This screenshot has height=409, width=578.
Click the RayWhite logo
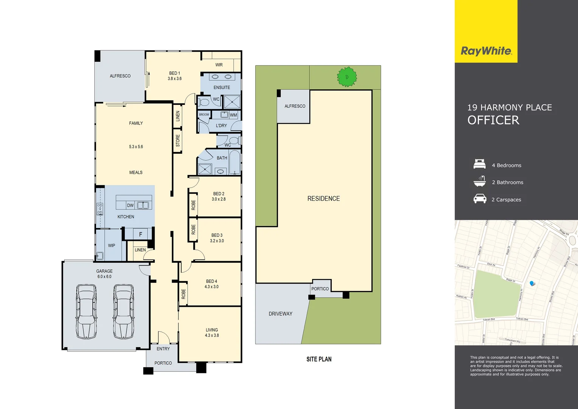click(x=486, y=51)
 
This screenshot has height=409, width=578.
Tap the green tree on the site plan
click(x=347, y=77)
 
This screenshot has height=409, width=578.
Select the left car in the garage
click(x=86, y=311)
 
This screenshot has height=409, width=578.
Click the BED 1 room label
click(x=174, y=73)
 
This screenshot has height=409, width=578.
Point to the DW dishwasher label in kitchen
click(x=130, y=205)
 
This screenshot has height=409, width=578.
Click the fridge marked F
click(x=140, y=234)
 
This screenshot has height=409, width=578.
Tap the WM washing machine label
click(x=233, y=115)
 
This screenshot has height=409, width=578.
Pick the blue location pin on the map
click(x=532, y=283)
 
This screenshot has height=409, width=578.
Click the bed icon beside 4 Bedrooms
click(x=480, y=164)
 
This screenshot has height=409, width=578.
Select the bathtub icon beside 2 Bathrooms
click(x=480, y=181)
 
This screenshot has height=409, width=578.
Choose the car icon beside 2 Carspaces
click(x=480, y=199)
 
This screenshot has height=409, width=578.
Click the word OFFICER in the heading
click(x=493, y=120)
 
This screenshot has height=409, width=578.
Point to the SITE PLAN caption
click(x=319, y=359)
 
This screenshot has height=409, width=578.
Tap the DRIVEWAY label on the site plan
click(x=280, y=314)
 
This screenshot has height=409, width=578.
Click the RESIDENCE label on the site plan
click(x=323, y=198)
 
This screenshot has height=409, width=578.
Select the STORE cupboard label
click(x=178, y=141)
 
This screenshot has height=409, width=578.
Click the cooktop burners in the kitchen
click(x=100, y=209)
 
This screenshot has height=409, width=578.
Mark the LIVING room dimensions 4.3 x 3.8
click(x=212, y=335)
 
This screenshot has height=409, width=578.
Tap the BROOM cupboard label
click(x=204, y=114)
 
